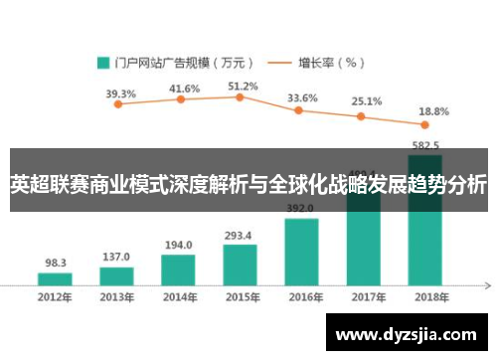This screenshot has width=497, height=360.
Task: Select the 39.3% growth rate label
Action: coord(120,94)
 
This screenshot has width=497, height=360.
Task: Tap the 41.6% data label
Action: coord(184,89)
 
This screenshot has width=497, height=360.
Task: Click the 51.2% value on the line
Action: coord(243,87)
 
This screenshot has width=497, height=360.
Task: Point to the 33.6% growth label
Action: coord(302,98)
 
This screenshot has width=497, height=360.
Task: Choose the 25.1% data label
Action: coord(366,101)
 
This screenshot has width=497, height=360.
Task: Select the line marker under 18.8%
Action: coord(424,124)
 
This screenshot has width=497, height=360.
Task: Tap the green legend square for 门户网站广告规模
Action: coord(102,62)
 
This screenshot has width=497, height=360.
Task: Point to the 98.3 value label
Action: coord(56,264)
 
